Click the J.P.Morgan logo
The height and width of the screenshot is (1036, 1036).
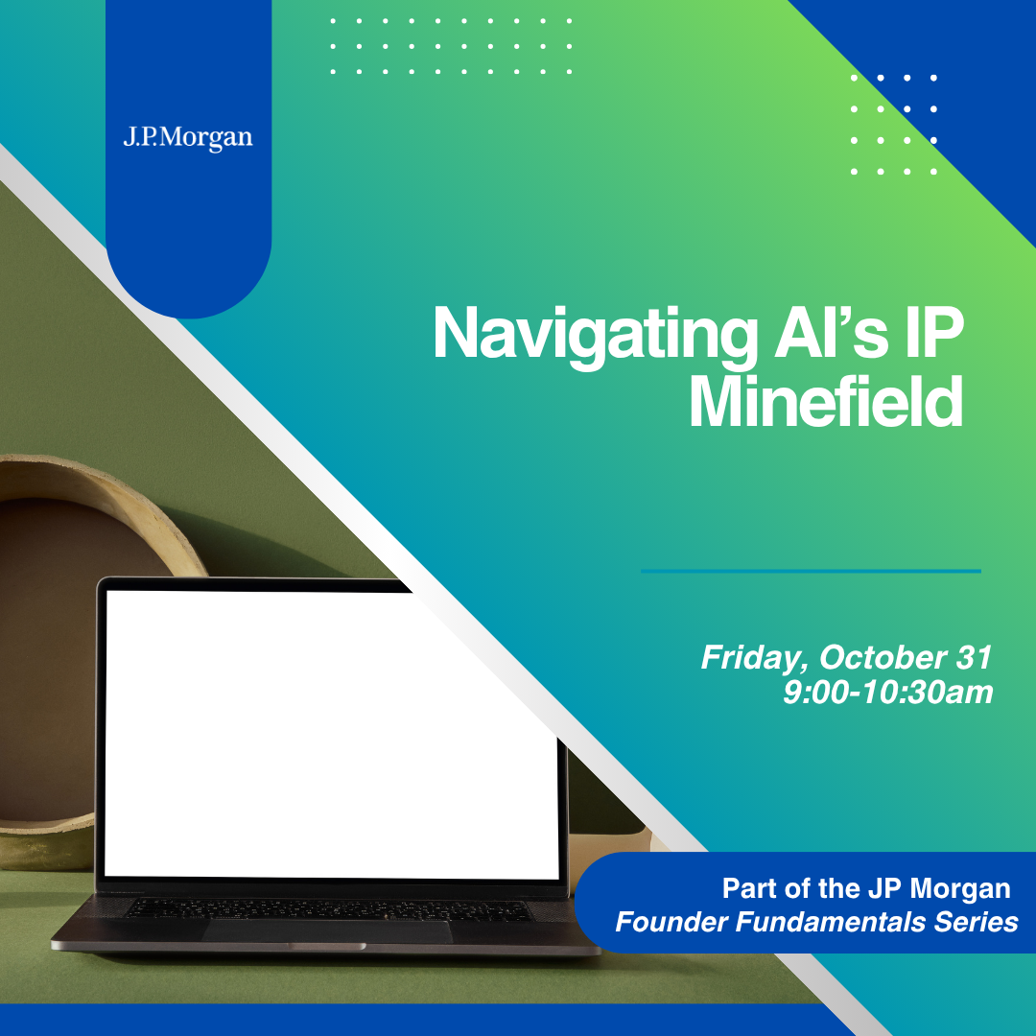[x=188, y=138]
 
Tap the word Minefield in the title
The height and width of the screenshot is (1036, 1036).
[x=825, y=402]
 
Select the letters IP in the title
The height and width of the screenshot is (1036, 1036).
[x=934, y=333]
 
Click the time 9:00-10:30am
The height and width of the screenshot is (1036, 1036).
[x=887, y=693]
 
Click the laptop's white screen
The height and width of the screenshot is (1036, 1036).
[x=330, y=734]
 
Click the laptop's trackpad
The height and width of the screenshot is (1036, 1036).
[x=328, y=931]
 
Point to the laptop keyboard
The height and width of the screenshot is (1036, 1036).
[x=328, y=909]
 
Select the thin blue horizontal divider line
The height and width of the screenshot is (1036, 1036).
[x=811, y=571]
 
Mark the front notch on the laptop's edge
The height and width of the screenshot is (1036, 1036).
[x=327, y=947]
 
